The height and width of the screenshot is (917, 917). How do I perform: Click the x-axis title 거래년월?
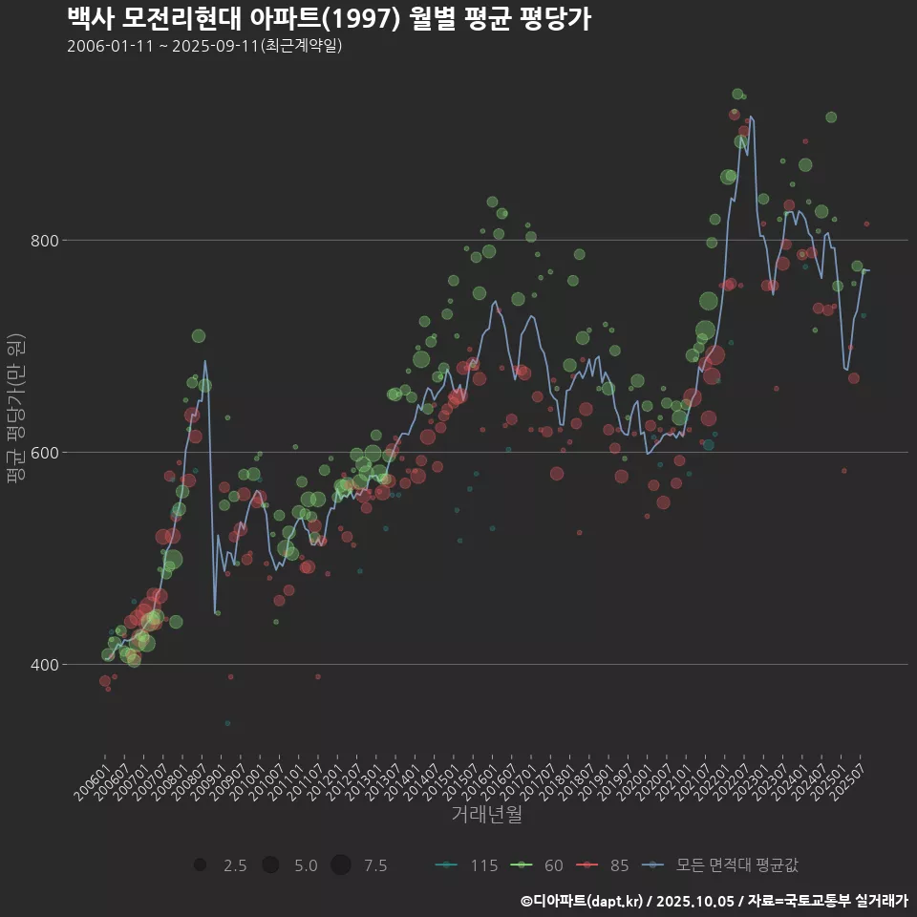click(486, 815)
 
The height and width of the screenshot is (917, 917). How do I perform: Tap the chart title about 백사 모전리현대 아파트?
click(329, 18)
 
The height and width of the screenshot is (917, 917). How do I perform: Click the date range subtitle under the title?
click(204, 47)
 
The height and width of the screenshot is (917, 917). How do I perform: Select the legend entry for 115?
click(467, 865)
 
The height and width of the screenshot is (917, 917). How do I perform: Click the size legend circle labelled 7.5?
click(341, 865)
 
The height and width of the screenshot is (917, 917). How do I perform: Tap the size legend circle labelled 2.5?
click(200, 865)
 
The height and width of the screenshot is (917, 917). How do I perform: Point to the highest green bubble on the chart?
click(737, 94)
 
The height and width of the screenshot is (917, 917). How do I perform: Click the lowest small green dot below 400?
click(227, 723)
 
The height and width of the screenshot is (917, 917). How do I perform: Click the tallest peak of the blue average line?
click(751, 117)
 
